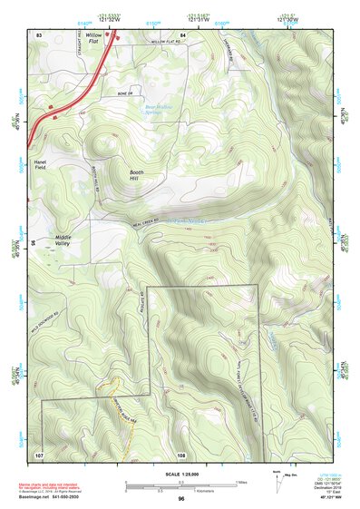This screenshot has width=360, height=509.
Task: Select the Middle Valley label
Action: [x=68, y=241]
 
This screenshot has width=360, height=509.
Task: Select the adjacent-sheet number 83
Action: [x=39, y=34]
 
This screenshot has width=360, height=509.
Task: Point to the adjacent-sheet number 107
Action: [x=39, y=453]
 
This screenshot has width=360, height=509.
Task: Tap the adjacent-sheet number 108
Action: [x=181, y=453]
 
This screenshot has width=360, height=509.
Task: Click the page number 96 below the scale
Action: [x=181, y=499]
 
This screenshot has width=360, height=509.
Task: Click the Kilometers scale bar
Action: [x=181, y=486]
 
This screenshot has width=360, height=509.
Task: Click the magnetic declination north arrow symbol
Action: [x=275, y=477]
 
